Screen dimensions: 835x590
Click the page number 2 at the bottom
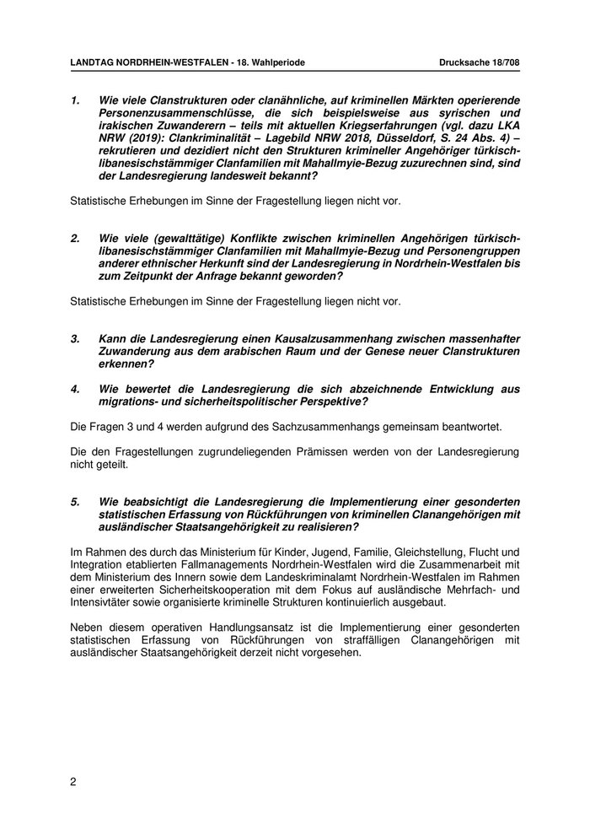pyautogui.click(x=73, y=781)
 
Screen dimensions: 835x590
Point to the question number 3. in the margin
pyautogui.click(x=75, y=338)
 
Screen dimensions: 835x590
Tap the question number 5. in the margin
pyautogui.click(x=75, y=501)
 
